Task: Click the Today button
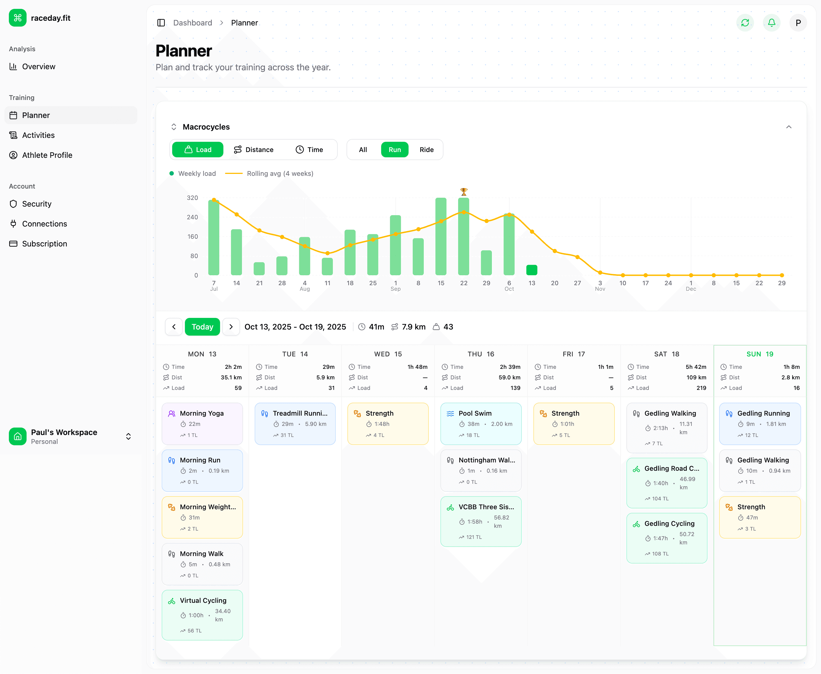[202, 327]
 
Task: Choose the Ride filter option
[426, 150]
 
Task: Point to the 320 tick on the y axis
[192, 198]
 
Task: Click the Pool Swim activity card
[481, 424]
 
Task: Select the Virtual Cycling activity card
[202, 615]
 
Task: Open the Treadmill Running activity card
[295, 424]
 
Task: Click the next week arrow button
[231, 327]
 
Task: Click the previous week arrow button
[174, 327]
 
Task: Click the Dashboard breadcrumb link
[192, 23]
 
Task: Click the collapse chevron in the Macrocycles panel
[788, 127]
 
